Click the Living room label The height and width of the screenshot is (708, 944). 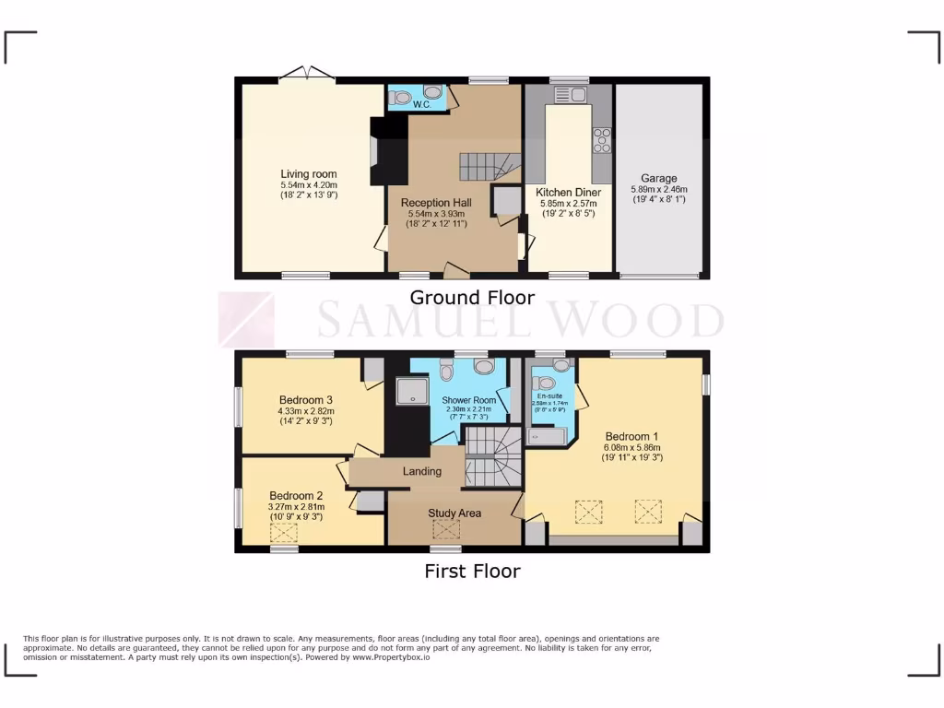pyautogui.click(x=309, y=173)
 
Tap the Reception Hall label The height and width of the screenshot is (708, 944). pyautogui.click(x=437, y=203)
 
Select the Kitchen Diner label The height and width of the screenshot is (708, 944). pyautogui.click(x=568, y=193)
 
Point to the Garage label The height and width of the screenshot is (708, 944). pyautogui.click(x=659, y=178)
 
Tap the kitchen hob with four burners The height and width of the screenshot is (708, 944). pyautogui.click(x=601, y=139)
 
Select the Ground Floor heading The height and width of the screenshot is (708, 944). pyautogui.click(x=471, y=297)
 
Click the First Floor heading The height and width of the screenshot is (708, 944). pyautogui.click(x=471, y=571)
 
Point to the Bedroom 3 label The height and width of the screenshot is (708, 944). pyautogui.click(x=306, y=399)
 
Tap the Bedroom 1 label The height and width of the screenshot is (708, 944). pyautogui.click(x=631, y=435)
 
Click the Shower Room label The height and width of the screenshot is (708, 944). pyautogui.click(x=469, y=400)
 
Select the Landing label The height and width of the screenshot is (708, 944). pyautogui.click(x=422, y=471)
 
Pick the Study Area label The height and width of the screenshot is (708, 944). pyautogui.click(x=454, y=513)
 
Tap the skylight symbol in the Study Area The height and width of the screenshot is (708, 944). pyautogui.click(x=446, y=528)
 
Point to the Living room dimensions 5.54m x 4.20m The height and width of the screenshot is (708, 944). pyautogui.click(x=309, y=184)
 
